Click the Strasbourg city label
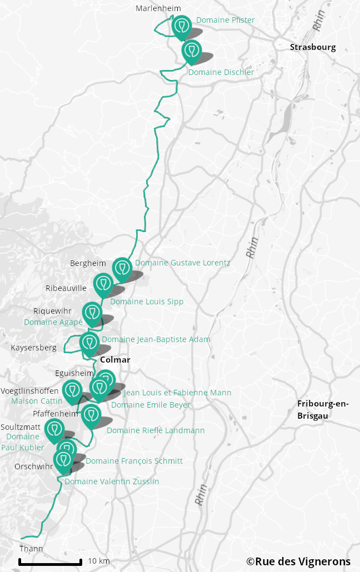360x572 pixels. click(x=313, y=47)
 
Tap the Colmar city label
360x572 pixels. click(x=115, y=360)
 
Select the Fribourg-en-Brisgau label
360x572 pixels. click(x=323, y=409)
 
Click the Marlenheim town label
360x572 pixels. click(x=158, y=8)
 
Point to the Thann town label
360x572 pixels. click(x=31, y=549)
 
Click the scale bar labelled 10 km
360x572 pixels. click(x=51, y=562)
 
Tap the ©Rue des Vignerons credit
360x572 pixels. click(x=298, y=561)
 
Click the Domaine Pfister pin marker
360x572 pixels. click(x=181, y=26)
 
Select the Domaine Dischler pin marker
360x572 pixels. click(x=192, y=51)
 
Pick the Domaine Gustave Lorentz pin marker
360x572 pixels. click(x=122, y=268)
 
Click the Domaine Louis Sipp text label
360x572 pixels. click(x=147, y=302)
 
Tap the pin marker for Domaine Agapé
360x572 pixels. click(x=92, y=313)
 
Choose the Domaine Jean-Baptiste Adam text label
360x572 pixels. click(x=156, y=339)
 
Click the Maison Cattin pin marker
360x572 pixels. click(x=72, y=390)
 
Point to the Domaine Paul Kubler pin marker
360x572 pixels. click(x=54, y=430)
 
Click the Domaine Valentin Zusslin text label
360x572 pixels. click(x=112, y=481)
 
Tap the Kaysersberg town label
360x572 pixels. click(x=33, y=348)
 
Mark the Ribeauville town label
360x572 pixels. click(x=66, y=288)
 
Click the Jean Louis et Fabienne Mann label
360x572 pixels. click(x=177, y=393)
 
